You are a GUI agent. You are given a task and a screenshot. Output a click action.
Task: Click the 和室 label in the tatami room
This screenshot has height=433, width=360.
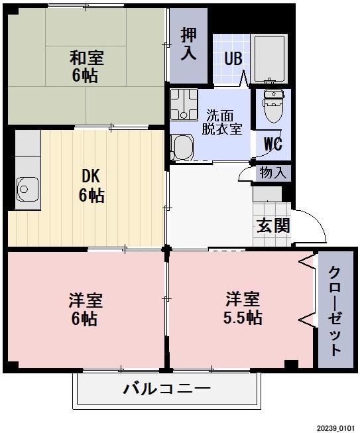pos(86,56)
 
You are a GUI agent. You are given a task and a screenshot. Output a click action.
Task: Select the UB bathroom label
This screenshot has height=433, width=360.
pos(233,58)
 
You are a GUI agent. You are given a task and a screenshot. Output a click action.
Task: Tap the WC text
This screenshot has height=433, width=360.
pos(273,144)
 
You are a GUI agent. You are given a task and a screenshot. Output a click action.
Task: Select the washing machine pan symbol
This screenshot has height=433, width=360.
pos(184,103)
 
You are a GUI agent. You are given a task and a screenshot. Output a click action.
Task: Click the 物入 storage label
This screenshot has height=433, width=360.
pos(273,174)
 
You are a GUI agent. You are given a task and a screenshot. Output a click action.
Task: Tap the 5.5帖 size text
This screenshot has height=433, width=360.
pos(241,318)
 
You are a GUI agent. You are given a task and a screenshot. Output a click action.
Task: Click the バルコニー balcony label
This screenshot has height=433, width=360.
pos(166,389)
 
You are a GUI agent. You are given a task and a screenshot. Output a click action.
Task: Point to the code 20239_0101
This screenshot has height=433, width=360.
pos(335,428)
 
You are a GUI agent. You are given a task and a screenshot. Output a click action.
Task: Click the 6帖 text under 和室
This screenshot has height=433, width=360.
pos(85,75)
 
